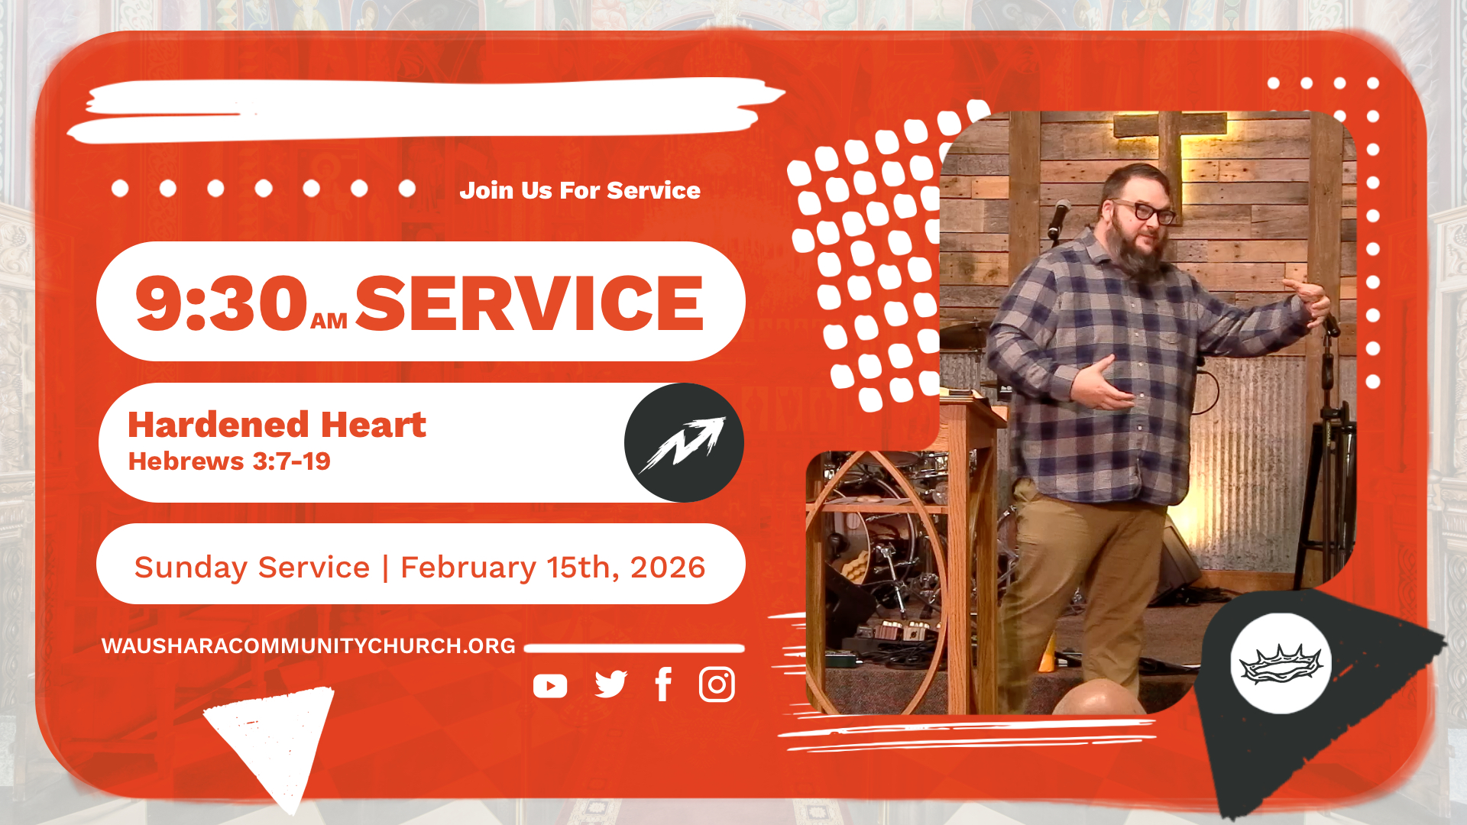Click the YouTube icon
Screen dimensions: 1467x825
550,686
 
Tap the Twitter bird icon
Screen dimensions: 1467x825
610,684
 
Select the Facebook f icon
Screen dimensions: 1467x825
663,684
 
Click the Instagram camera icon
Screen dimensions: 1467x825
717,684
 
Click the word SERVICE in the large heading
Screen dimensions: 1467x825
529,303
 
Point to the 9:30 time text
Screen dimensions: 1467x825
221,303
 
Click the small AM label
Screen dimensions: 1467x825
329,322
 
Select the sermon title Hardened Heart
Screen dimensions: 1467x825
277,425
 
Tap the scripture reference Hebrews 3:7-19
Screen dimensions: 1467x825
229,461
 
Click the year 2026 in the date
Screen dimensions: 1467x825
668,568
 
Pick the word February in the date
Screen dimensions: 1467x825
468,568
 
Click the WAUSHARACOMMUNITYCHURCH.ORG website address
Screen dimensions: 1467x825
309,646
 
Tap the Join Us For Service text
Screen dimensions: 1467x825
580,190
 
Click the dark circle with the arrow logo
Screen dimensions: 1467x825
684,442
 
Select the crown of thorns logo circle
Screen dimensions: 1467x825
1281,663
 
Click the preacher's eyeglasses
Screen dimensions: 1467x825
1145,210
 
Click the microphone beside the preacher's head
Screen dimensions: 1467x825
1058,218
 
